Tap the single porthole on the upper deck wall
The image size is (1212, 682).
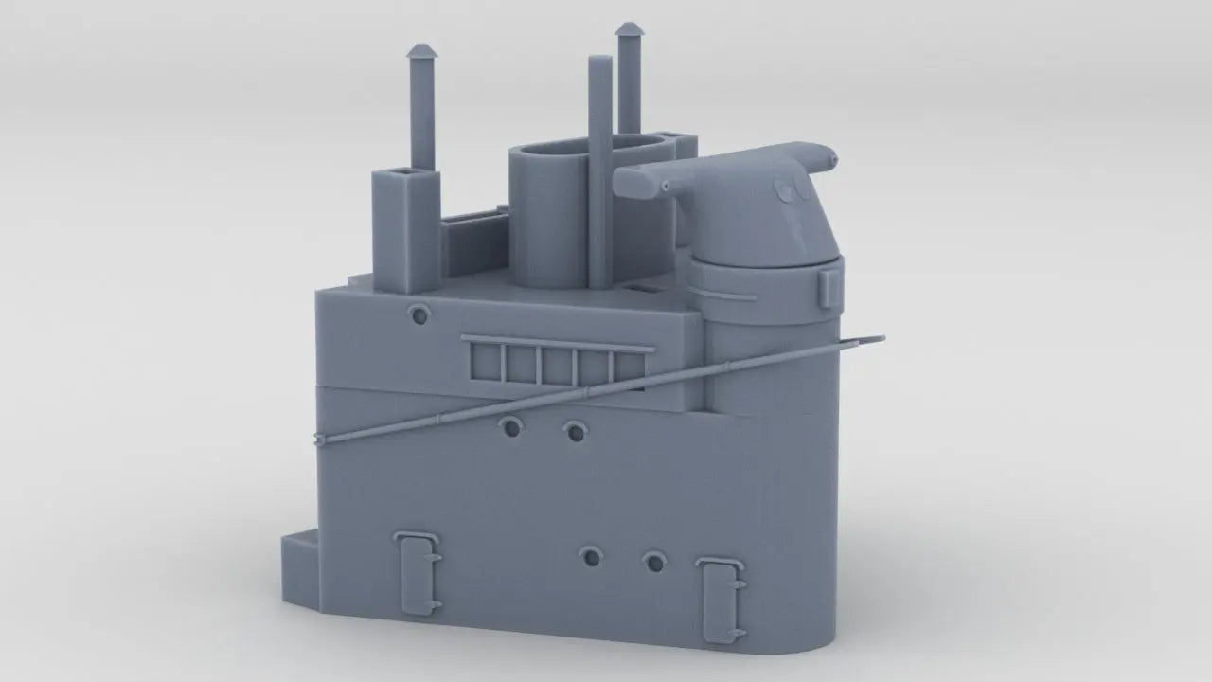[418, 314]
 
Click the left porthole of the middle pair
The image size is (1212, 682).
[511, 427]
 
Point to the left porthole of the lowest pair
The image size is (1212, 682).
[592, 557]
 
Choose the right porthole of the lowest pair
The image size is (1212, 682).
[654, 563]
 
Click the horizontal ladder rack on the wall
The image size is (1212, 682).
[557, 364]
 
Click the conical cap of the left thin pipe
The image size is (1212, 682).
[421, 51]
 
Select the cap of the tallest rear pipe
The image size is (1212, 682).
[629, 30]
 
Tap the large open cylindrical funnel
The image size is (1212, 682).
[549, 213]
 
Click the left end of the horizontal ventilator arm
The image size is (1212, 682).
[635, 183]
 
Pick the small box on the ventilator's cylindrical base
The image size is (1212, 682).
[829, 286]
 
